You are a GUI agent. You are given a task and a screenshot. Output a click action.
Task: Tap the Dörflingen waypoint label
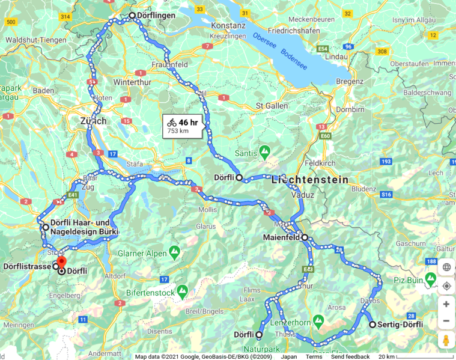[x=156, y=15]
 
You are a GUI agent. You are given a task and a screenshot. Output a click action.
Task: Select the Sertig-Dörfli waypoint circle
[x=372, y=325]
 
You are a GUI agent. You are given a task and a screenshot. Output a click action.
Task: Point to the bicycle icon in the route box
[x=172, y=122]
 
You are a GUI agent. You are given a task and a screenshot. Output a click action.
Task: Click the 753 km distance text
[x=177, y=131]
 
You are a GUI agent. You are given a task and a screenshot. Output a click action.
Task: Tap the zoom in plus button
[x=446, y=304]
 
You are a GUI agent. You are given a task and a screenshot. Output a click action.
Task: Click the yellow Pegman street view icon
[x=446, y=341]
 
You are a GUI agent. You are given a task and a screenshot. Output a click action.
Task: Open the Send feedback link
[x=350, y=356]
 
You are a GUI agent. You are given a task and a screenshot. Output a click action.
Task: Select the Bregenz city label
[x=350, y=81]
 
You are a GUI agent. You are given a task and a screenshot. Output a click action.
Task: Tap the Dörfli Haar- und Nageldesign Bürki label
[x=85, y=227]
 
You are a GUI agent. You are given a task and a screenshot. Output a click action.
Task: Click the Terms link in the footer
[x=314, y=356]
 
